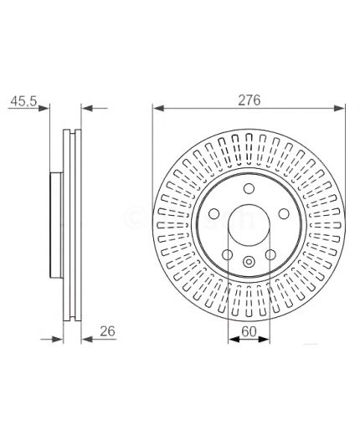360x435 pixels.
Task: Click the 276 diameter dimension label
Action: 249,100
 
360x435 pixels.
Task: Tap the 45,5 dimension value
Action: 23,101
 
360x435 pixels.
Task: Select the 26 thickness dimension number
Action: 107,331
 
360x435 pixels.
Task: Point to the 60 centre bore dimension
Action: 249,331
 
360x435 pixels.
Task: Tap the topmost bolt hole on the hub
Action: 249,188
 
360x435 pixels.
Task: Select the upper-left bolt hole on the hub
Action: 214,214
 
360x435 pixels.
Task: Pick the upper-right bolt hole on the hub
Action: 284,214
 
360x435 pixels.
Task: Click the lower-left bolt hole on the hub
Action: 228,254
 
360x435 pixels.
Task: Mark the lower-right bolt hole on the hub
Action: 270,254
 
